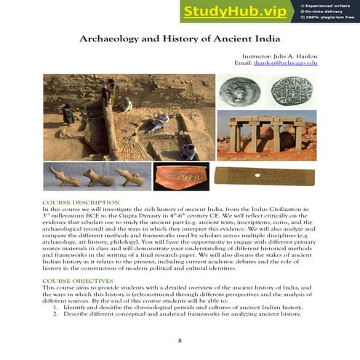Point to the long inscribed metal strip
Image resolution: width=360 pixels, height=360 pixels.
[266, 176]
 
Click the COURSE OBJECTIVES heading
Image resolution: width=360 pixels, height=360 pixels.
[78, 280]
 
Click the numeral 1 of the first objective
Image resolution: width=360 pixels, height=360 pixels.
[56, 308]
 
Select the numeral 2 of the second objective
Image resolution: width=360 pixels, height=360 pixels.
[56, 314]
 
